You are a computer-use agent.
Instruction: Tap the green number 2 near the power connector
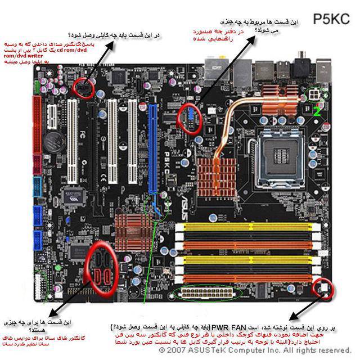317,112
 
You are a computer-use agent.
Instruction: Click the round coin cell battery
55,140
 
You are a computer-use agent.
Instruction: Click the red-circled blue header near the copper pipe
190,119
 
